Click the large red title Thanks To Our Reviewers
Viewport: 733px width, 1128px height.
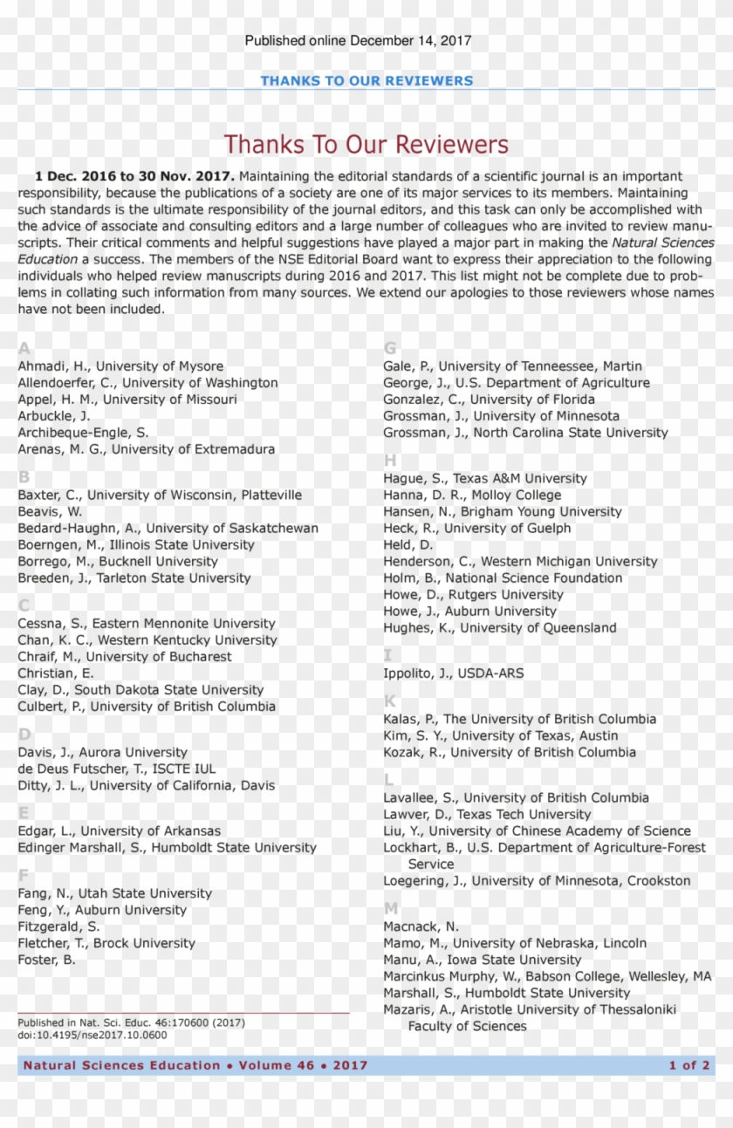click(x=366, y=145)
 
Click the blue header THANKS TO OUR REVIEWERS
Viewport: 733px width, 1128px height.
click(x=366, y=81)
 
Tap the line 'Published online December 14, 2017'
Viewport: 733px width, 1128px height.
click(x=358, y=40)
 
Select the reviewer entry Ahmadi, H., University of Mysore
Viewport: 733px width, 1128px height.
click(x=120, y=366)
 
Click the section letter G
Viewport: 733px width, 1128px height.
click(x=390, y=348)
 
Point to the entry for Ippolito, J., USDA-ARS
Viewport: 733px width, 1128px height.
click(x=453, y=673)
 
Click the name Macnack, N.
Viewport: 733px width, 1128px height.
click(x=421, y=926)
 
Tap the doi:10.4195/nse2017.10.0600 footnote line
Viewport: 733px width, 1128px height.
click(x=92, y=1036)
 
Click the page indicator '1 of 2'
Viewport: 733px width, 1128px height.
click(x=688, y=1065)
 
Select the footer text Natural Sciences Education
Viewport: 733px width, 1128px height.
click(x=122, y=1065)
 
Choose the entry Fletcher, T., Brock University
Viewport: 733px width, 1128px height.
click(x=106, y=943)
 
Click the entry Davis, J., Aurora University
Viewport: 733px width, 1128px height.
click(x=102, y=752)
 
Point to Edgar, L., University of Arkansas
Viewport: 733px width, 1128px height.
click(x=119, y=831)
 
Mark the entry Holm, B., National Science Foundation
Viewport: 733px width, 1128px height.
click(x=503, y=578)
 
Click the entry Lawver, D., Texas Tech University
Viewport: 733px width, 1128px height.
click(x=487, y=815)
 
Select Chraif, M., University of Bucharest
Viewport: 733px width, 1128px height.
click(x=125, y=657)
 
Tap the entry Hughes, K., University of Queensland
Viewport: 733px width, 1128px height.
click(x=499, y=628)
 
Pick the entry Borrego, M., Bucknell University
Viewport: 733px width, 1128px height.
click(x=118, y=562)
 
